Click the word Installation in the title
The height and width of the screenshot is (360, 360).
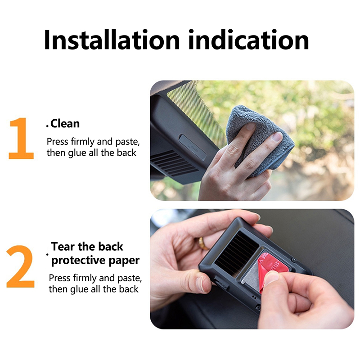[x=112, y=40]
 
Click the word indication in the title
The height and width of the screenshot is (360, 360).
[x=249, y=40]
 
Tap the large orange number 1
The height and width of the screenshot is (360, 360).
[x=21, y=138]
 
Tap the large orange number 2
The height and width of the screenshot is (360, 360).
[x=20, y=266]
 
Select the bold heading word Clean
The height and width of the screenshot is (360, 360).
[x=65, y=123]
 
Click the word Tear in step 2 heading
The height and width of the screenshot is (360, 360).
[x=63, y=247]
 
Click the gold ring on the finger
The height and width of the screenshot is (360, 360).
[x=202, y=243]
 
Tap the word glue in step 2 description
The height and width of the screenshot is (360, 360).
[x=80, y=289]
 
